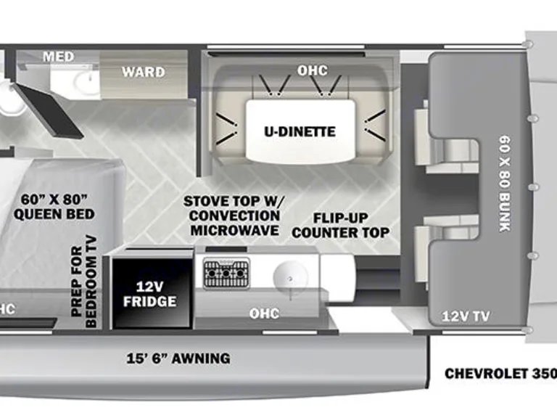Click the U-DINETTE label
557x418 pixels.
pyautogui.click(x=299, y=132)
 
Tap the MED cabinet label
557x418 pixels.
pyautogui.click(x=58, y=57)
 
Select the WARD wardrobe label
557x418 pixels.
pyautogui.click(x=143, y=73)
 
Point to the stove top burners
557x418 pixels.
pyautogui.click(x=226, y=274)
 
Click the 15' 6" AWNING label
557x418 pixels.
pyautogui.click(x=178, y=358)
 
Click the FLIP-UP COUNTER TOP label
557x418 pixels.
pyautogui.click(x=341, y=226)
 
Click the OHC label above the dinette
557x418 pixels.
pyautogui.click(x=312, y=71)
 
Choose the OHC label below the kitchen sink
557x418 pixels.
pyautogui.click(x=265, y=313)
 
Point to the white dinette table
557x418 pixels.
pyautogui.click(x=299, y=132)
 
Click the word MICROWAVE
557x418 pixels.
pyautogui.click(x=234, y=231)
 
